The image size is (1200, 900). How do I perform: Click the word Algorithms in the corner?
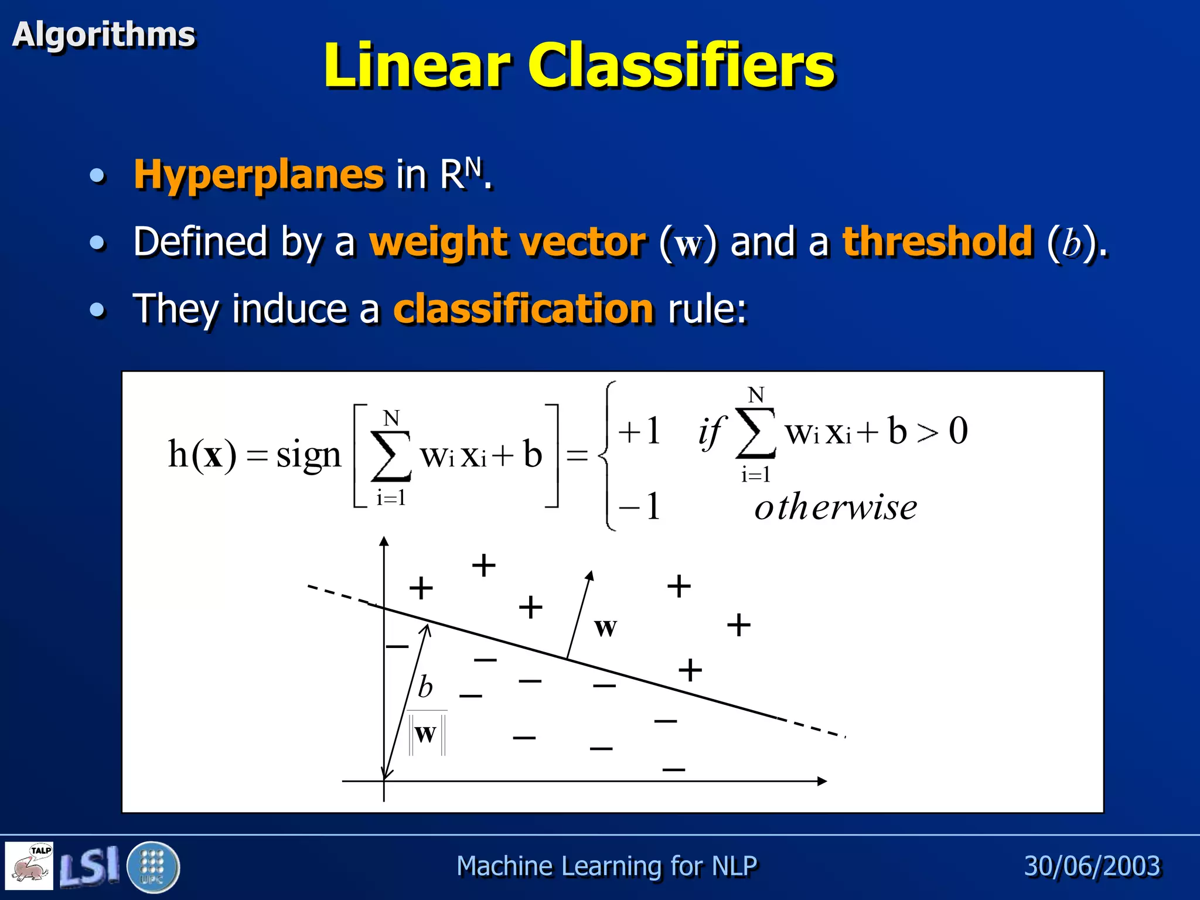point(104,34)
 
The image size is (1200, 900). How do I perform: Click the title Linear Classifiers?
point(579,66)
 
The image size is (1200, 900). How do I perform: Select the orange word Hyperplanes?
point(258,174)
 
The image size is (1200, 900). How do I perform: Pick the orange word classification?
point(523,308)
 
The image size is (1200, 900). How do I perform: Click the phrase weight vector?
point(507,241)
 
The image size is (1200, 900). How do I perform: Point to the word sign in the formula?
point(308,455)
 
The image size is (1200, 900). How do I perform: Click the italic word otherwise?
point(836,507)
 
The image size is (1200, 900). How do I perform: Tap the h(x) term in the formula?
point(202,454)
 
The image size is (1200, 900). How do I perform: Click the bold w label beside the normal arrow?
point(605,626)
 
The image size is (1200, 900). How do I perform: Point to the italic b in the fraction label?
point(425,687)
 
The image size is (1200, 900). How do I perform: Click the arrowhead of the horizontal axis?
point(821,780)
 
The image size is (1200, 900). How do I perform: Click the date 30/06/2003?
point(1092,865)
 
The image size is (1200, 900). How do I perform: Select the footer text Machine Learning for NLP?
point(606,865)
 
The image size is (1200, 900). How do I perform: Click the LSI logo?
point(89,867)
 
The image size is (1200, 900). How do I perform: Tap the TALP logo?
point(29,865)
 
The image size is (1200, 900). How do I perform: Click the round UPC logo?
point(152,867)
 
